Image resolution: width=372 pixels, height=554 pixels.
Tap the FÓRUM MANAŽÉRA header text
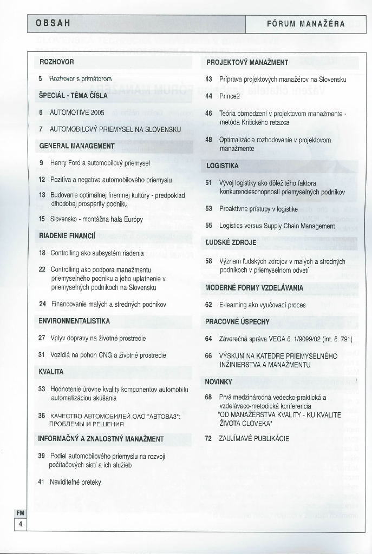306,24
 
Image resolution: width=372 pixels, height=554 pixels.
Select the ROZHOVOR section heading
56,62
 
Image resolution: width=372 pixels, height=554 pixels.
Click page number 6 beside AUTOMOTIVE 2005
41,113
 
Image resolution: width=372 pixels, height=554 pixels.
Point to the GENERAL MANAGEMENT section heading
76,146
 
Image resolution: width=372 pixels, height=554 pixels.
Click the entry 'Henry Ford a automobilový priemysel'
100,162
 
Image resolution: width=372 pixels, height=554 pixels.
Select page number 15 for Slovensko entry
42,219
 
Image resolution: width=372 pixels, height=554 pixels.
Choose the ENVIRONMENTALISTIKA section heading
74,321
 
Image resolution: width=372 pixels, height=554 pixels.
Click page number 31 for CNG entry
42,355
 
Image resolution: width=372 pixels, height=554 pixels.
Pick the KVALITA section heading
51,372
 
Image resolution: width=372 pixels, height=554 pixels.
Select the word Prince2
229,96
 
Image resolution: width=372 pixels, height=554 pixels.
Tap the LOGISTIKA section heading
223,165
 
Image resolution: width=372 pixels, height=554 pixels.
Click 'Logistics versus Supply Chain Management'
277,226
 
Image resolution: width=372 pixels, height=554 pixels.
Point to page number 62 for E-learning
208,305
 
